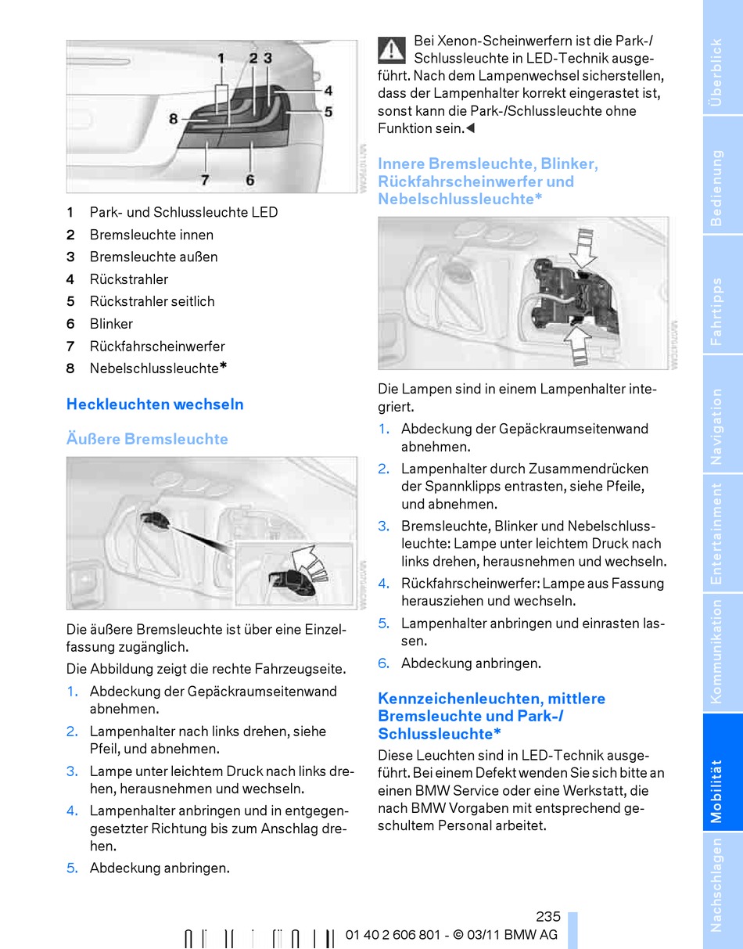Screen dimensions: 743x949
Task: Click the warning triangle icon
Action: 391,51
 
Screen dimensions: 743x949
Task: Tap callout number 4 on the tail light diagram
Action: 328,91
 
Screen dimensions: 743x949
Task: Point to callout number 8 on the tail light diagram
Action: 174,118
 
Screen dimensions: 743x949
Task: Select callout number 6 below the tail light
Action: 249,179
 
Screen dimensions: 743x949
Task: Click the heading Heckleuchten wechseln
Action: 155,404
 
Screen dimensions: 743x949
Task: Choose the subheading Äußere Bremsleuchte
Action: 147,438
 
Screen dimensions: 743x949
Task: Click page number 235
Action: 547,916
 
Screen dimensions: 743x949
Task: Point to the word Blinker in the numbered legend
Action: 111,324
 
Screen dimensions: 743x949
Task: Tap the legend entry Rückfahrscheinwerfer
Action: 157,347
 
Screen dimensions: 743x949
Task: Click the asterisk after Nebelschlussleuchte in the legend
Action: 223,366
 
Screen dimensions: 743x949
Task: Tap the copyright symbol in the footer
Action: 458,935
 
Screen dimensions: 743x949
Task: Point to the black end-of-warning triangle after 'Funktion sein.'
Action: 470,128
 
